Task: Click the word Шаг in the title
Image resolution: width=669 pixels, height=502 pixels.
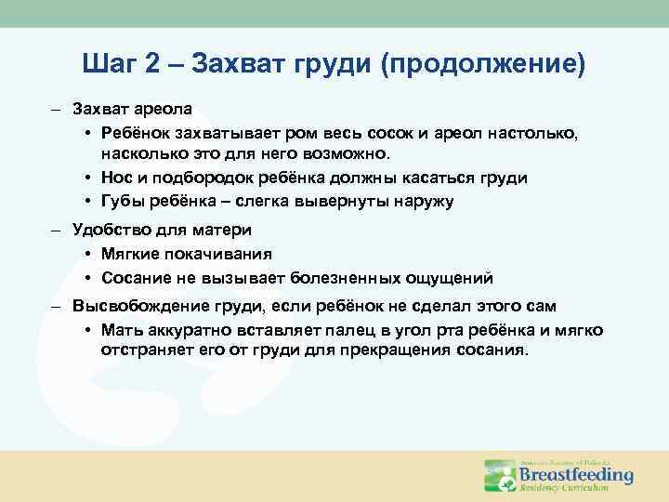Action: tap(111, 64)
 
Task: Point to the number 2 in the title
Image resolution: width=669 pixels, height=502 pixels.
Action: tap(155, 64)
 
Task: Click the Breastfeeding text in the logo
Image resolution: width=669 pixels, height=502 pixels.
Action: tap(575, 474)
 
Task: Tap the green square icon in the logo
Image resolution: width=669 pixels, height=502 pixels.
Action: tap(499, 475)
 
